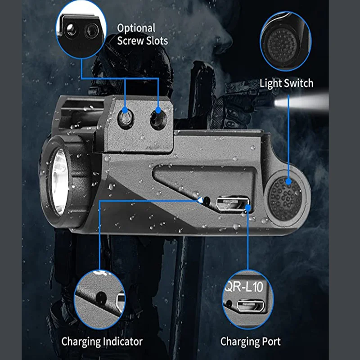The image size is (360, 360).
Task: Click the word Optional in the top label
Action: (136, 28)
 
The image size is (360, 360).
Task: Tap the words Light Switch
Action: (286, 83)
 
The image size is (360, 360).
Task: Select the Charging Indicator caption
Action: (102, 342)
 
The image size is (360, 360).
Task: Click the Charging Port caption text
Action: (250, 342)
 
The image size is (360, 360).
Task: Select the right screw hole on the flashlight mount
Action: (157, 118)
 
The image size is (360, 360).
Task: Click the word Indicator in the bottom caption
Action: (122, 342)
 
